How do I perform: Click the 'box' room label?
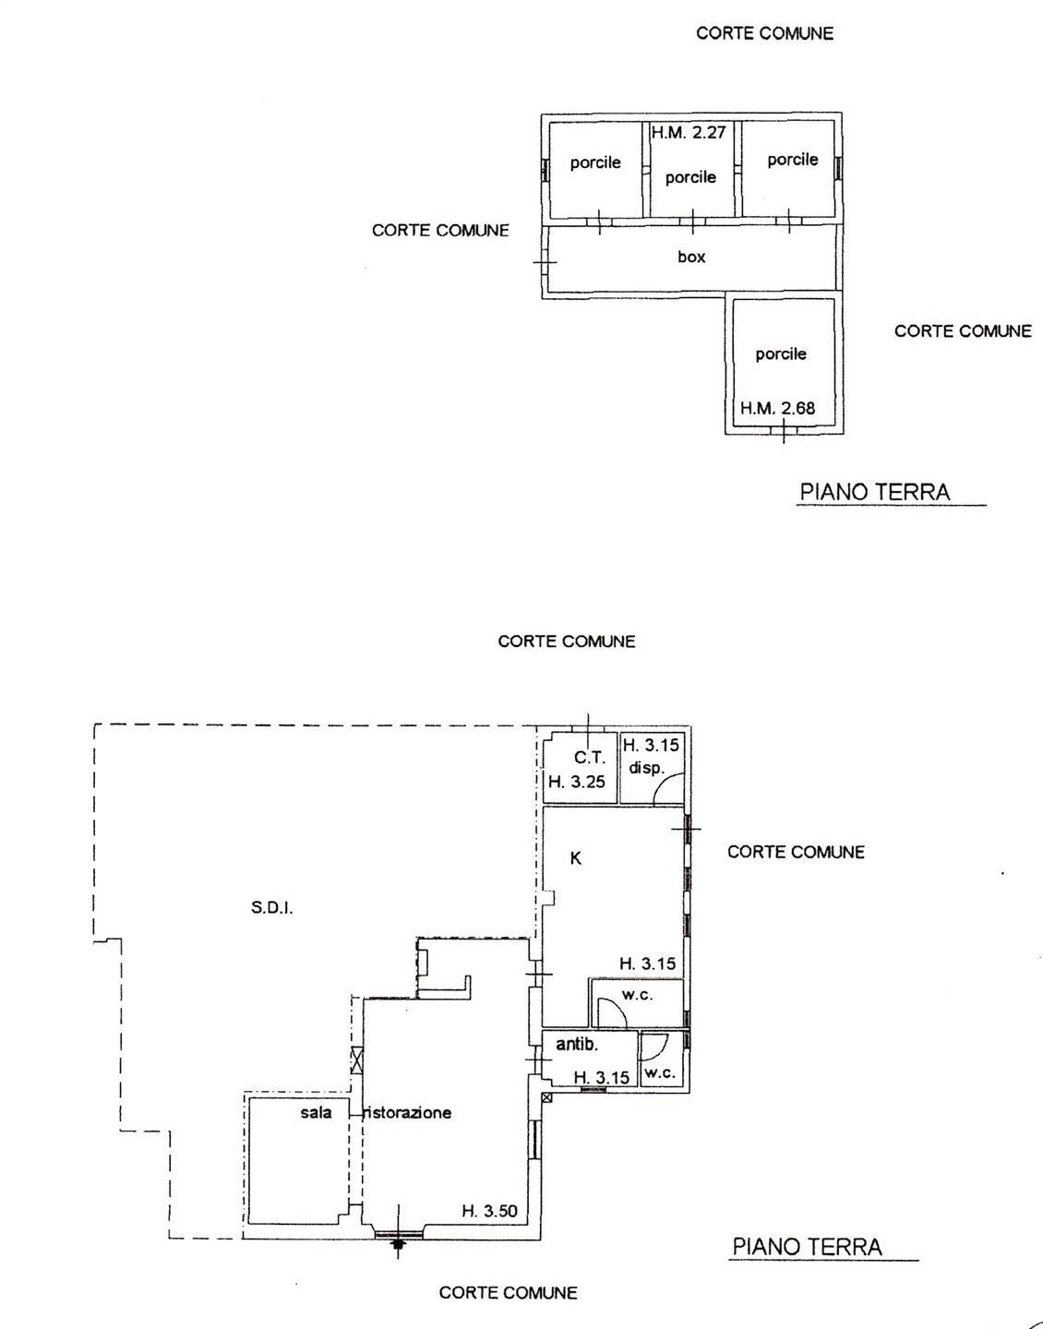click(x=691, y=257)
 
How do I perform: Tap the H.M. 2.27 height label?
click(x=689, y=133)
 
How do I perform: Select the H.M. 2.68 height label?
click(x=777, y=408)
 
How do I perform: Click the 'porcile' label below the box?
click(x=781, y=354)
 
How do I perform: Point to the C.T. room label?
click(x=590, y=758)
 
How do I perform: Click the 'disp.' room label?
click(x=647, y=768)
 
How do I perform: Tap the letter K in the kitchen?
click(x=575, y=858)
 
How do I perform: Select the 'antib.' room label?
click(x=577, y=1045)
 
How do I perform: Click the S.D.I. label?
click(x=271, y=908)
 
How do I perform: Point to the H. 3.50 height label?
click(x=489, y=1211)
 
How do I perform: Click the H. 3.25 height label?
click(x=577, y=783)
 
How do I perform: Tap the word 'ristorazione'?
click(x=409, y=1113)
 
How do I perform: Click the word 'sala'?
click(x=316, y=1112)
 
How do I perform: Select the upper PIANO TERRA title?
click(x=874, y=492)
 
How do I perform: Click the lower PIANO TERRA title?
click(x=807, y=1248)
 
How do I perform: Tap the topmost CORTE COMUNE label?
click(x=764, y=33)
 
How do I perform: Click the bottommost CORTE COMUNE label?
click(x=508, y=1293)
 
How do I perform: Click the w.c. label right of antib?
click(x=659, y=1073)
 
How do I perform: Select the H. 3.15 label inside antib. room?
click(x=601, y=1077)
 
